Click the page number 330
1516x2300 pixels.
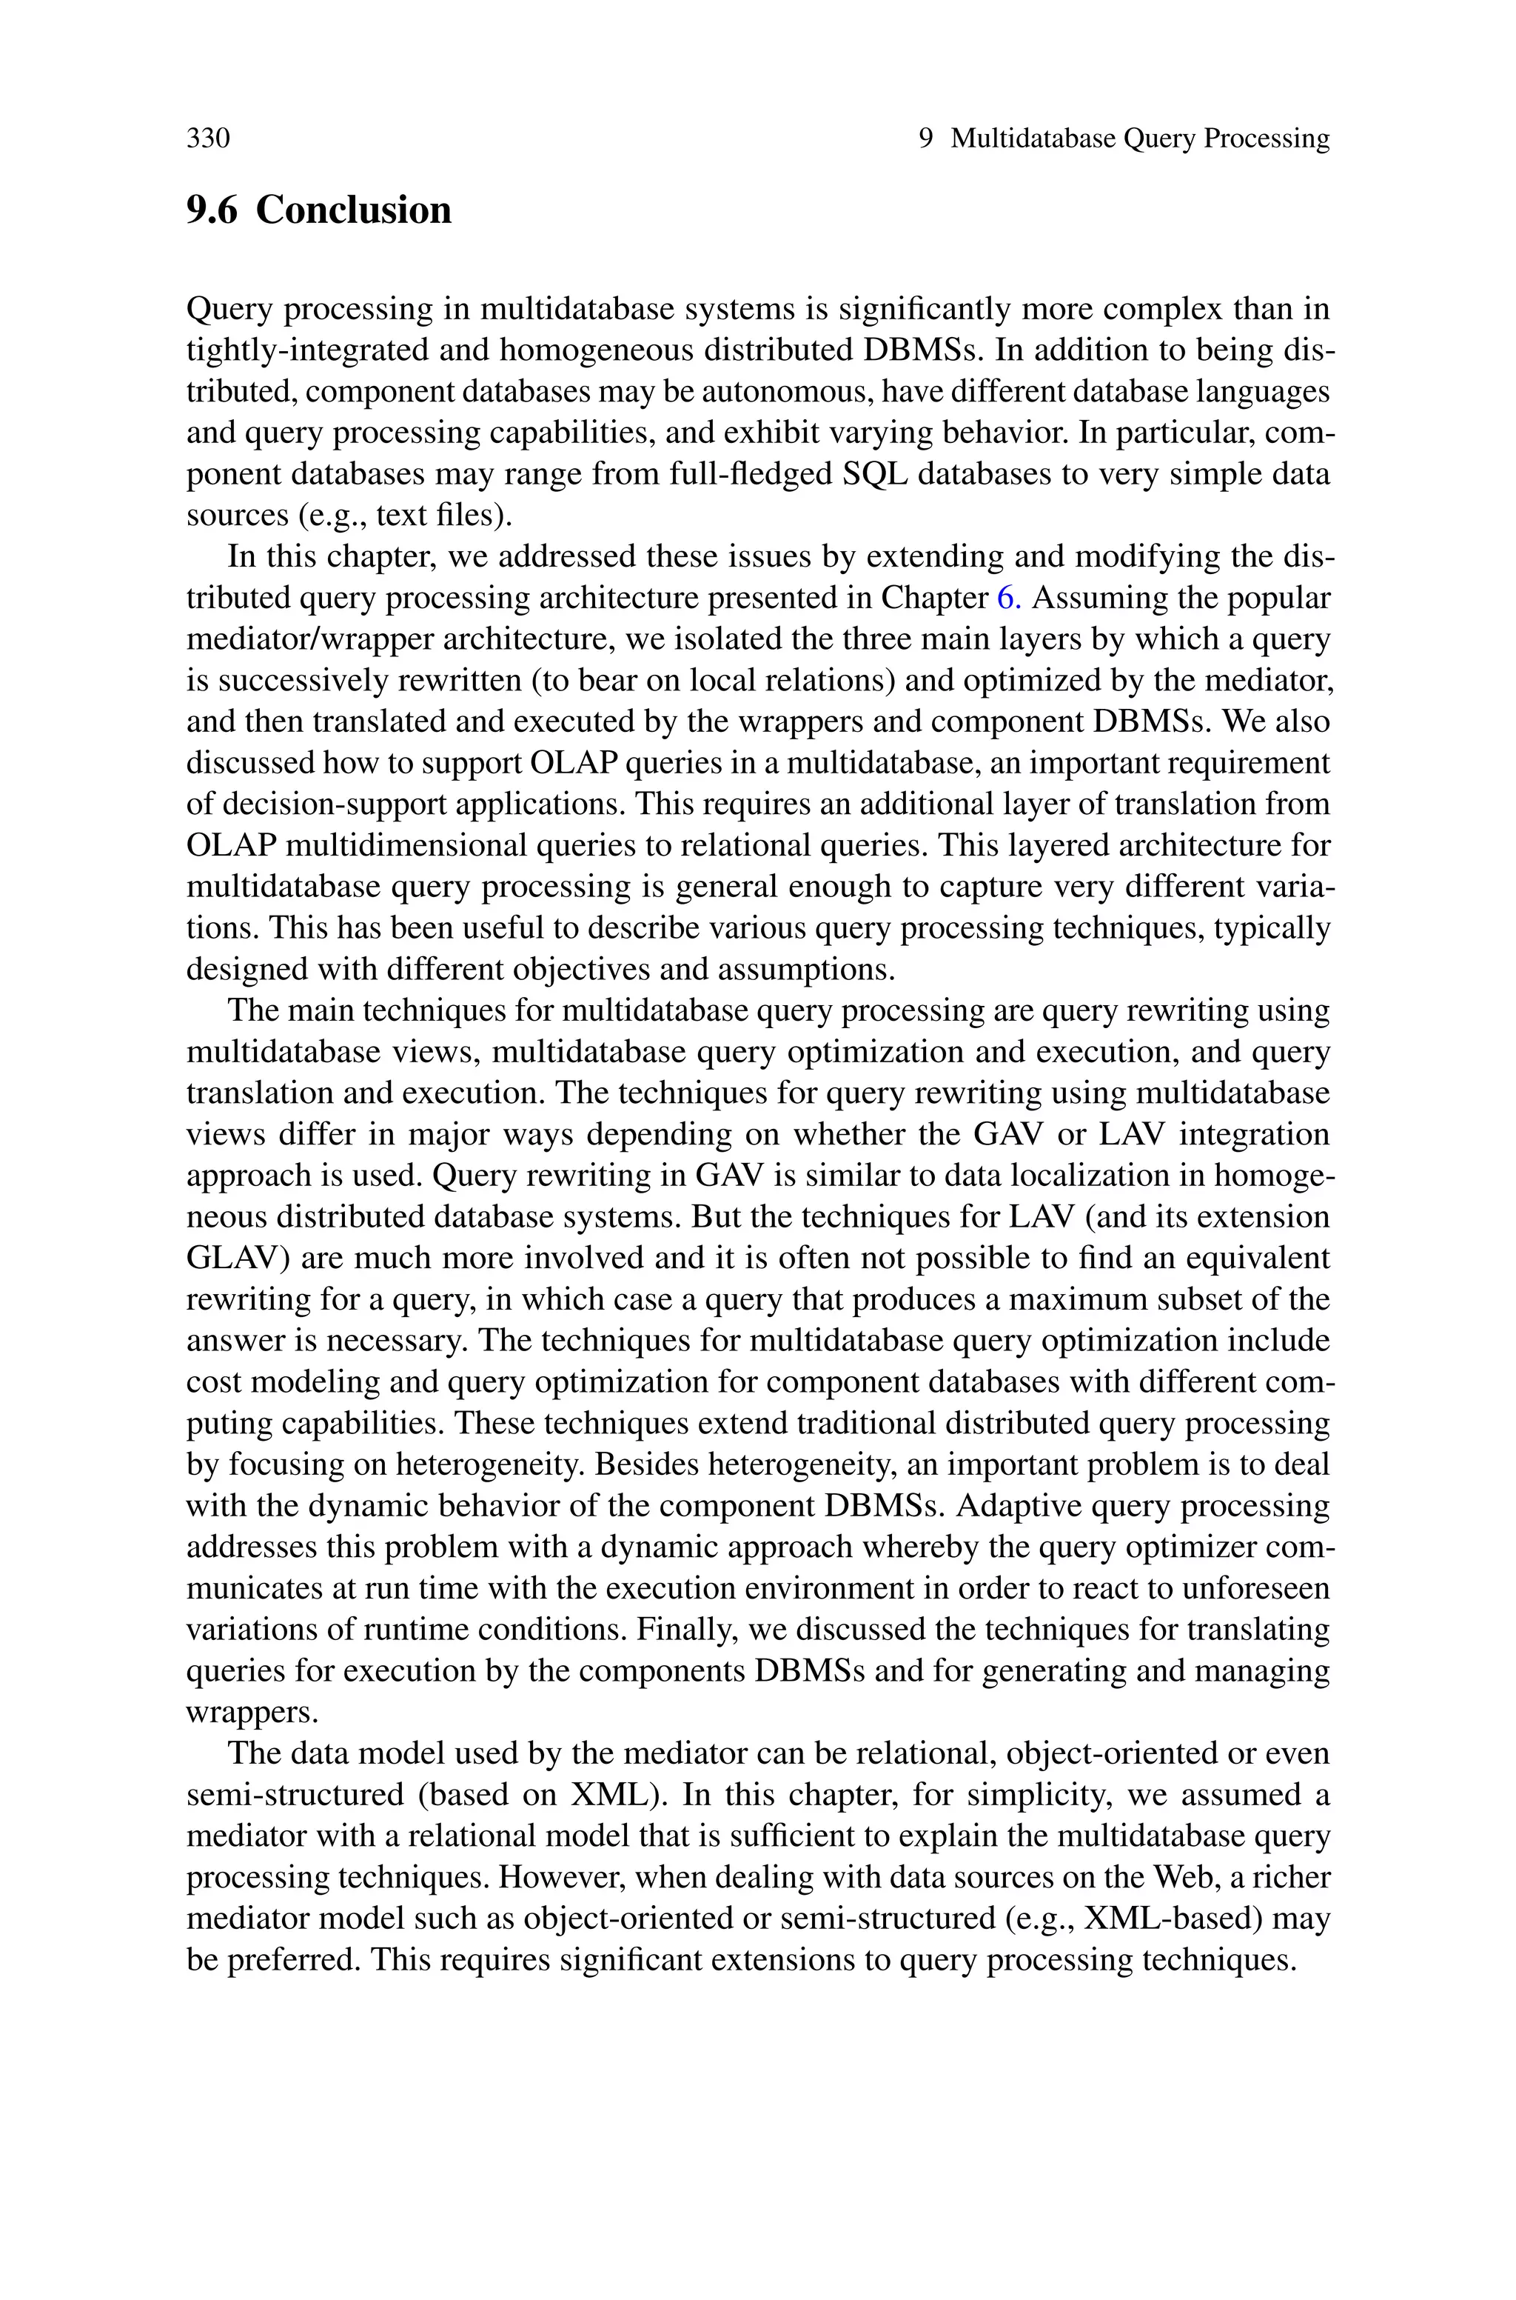tap(208, 139)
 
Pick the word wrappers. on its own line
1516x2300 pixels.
tap(252, 1712)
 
